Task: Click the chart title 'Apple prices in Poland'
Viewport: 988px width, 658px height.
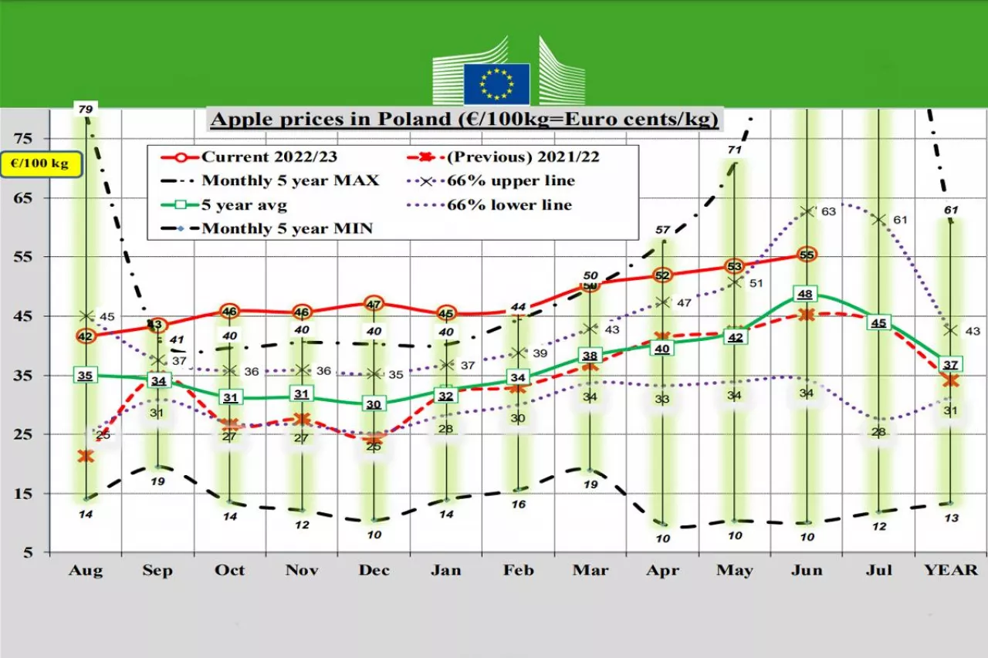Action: [465, 120]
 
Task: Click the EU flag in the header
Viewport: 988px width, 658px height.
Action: [496, 83]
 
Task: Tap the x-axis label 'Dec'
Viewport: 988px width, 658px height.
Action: [374, 571]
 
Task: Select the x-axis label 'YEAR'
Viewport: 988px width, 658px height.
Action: [951, 571]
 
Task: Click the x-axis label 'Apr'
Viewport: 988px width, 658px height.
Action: [662, 571]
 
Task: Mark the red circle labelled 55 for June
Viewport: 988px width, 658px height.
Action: [807, 255]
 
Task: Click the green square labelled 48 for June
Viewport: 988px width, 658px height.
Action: [806, 294]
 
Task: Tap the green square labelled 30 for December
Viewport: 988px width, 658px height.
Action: [373, 404]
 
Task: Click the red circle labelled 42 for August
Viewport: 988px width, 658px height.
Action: [85, 336]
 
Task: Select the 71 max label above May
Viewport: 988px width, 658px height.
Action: [734, 150]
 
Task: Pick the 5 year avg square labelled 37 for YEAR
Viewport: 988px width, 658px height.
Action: [951, 364]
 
